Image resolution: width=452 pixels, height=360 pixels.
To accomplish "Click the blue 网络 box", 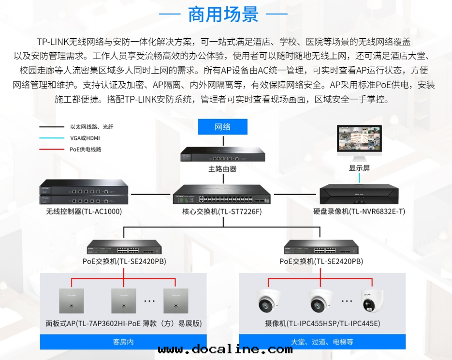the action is (x=222, y=127).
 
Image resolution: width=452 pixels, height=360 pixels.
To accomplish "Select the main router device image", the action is (x=222, y=154).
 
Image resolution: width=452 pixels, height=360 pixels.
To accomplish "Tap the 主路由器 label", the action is (x=222, y=169).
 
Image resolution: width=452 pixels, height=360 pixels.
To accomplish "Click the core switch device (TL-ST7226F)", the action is (x=222, y=195).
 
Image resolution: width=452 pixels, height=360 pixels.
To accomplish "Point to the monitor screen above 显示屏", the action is (x=359, y=138).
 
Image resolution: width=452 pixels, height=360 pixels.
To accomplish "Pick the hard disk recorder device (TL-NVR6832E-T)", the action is (x=359, y=195).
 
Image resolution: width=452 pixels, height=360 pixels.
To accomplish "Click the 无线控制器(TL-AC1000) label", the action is (x=84, y=211).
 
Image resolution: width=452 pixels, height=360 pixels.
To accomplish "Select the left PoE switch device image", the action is (x=124, y=248).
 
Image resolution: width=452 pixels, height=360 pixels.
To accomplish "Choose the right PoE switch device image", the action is (x=321, y=248).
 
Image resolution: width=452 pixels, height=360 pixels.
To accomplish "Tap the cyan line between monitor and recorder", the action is (x=359, y=178).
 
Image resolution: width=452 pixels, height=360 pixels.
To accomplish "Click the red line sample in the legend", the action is (x=52, y=150).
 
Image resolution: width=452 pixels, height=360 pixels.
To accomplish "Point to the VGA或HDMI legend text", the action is (x=85, y=138).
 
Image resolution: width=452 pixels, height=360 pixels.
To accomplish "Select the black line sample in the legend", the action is (x=52, y=127).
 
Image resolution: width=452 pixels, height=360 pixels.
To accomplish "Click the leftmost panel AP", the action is (x=71, y=300).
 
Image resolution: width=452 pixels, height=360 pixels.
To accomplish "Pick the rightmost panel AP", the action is (x=176, y=300).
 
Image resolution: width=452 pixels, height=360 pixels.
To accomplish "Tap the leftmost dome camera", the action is (x=269, y=301).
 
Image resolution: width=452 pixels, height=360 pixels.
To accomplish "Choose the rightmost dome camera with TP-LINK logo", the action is (x=372, y=301).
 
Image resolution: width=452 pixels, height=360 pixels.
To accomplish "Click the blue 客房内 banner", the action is (x=123, y=342).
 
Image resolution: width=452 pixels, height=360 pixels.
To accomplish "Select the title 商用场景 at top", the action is (x=223, y=14).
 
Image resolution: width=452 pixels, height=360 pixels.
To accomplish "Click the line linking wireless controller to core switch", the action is (x=150, y=195).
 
